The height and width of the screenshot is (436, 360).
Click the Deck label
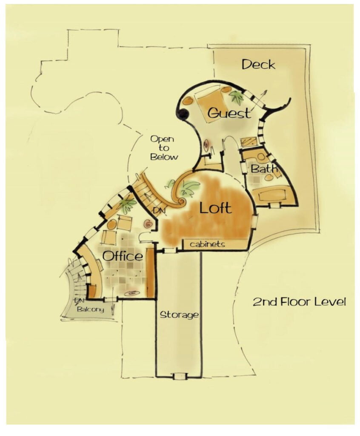258,65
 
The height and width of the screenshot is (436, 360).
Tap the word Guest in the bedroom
229,113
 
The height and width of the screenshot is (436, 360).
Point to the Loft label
216,208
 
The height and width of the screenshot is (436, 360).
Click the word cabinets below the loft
207,244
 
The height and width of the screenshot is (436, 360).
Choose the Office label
123,256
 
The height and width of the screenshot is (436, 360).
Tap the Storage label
179,315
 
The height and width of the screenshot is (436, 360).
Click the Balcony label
90,310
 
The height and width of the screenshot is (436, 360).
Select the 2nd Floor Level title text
299,302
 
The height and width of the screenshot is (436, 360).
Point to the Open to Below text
164,148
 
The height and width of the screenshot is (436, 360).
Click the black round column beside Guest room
183,114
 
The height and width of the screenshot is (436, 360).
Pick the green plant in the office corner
126,205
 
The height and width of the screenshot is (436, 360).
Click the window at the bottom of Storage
179,376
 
